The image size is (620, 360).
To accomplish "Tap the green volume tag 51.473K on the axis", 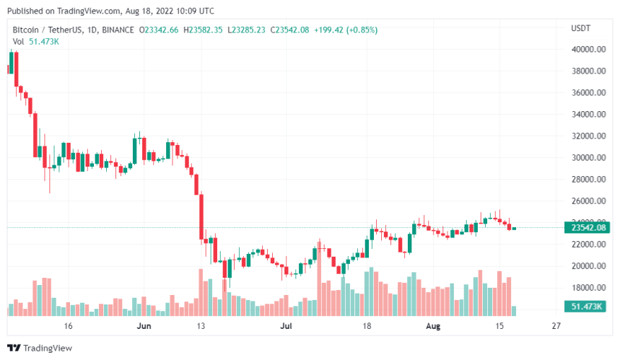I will [x=587, y=307].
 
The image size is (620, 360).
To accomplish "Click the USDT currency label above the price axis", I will [x=580, y=28].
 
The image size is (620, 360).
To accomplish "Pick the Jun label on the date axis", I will [x=144, y=327].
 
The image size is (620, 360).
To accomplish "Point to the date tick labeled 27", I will [x=555, y=327].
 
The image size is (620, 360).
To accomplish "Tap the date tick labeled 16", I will [x=68, y=327].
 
